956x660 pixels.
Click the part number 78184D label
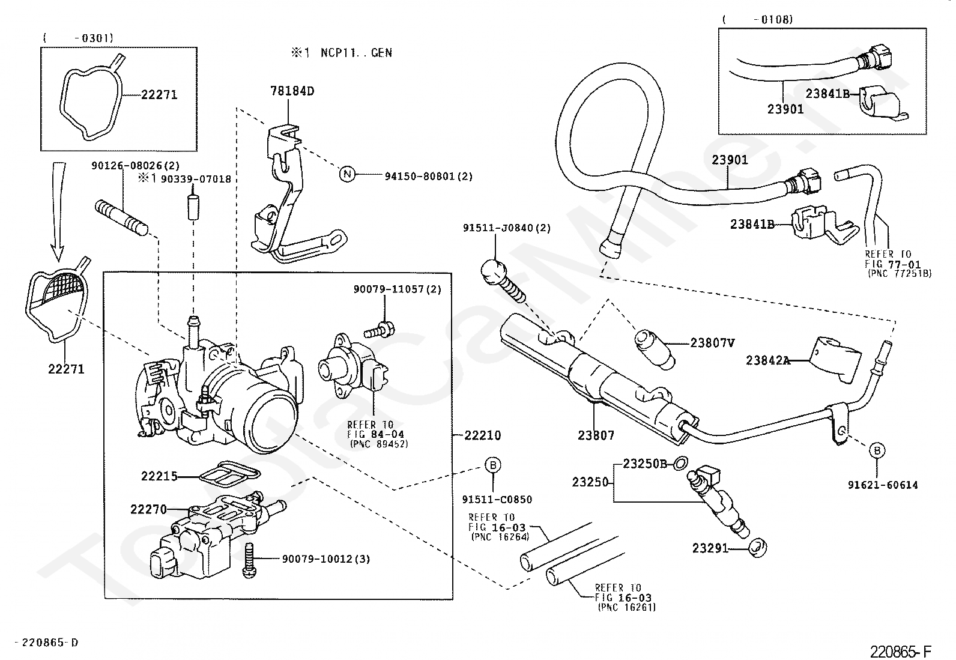click(292, 91)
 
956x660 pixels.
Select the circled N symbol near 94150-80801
click(348, 174)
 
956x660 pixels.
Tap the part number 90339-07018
click(196, 179)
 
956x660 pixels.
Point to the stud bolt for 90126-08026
click(121, 218)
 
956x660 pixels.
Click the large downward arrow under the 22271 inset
click(58, 211)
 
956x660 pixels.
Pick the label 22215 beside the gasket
click(159, 476)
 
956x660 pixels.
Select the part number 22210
click(483, 435)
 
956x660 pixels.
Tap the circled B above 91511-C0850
click(493, 465)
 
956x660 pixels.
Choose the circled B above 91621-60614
click(877, 450)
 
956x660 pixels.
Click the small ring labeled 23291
click(758, 548)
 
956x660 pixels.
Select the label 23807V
click(713, 343)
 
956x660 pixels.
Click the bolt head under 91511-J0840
click(494, 270)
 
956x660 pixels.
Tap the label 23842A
click(768, 360)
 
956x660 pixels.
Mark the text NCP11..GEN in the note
click(356, 52)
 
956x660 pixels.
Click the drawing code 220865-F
click(901, 652)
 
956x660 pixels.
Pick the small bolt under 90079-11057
click(379, 330)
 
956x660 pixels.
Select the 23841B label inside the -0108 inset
click(827, 94)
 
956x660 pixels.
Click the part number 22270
click(148, 509)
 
